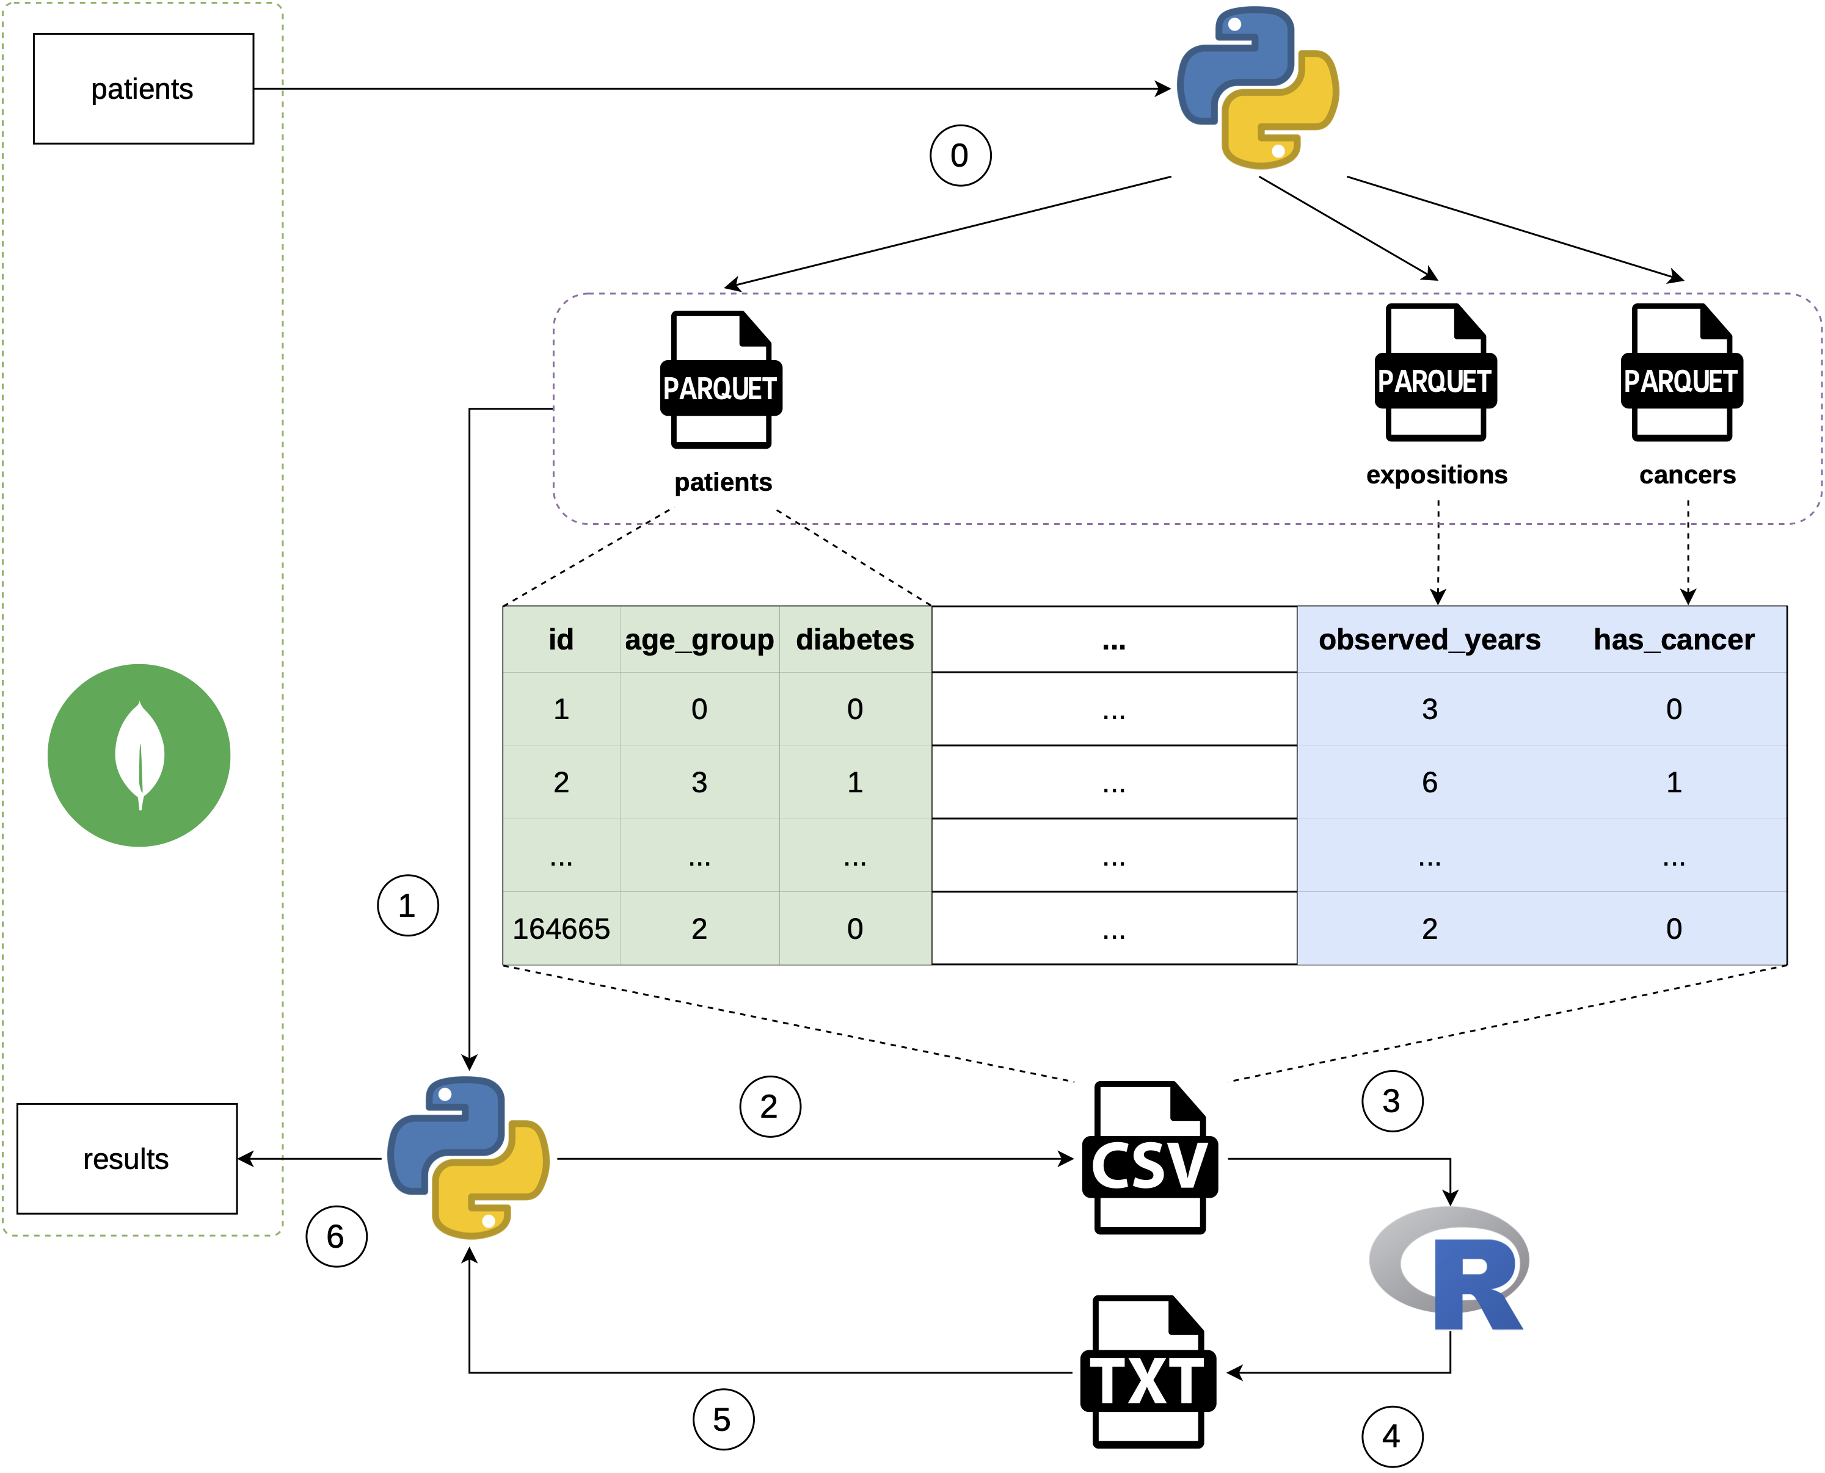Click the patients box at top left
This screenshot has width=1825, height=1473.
click(142, 89)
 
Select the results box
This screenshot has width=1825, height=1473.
click(126, 1158)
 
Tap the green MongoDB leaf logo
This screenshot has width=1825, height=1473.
click(139, 755)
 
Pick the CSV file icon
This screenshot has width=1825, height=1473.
click(1150, 1157)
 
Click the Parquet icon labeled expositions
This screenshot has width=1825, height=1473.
click(1435, 374)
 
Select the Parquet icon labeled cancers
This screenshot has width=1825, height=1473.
click(1681, 374)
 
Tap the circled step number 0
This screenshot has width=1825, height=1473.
click(960, 155)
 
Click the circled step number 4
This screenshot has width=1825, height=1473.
click(1392, 1436)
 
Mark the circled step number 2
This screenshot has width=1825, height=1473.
click(770, 1107)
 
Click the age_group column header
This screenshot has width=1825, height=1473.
click(699, 640)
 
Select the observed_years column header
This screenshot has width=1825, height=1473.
click(1429, 640)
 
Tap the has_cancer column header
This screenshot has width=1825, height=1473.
click(1673, 640)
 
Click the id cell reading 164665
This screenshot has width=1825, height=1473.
click(561, 929)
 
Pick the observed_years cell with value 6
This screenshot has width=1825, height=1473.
click(1429, 783)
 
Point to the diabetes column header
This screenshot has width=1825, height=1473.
click(854, 640)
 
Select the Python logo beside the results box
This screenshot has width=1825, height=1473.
click(468, 1157)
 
